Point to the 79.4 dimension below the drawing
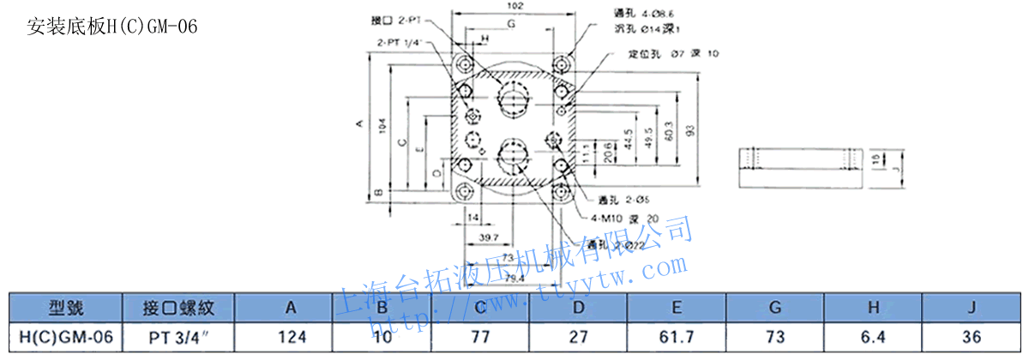coord(514,277)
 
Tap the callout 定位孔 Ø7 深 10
coord(673,54)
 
